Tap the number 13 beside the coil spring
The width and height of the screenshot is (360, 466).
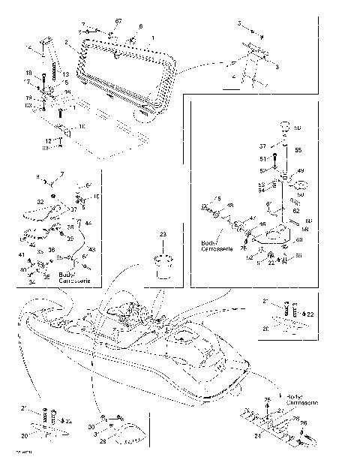point(66,74)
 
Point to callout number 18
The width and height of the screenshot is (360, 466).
point(49,74)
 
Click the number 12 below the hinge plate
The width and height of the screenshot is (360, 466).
point(47,141)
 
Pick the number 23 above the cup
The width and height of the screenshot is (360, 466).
point(161,235)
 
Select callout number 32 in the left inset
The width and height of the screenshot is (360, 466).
point(40,202)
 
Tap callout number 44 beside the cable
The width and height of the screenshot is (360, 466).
point(88,224)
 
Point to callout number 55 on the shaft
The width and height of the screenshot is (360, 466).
point(296,151)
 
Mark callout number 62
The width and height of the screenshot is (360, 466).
point(297,211)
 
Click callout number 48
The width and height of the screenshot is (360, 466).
point(229,205)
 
